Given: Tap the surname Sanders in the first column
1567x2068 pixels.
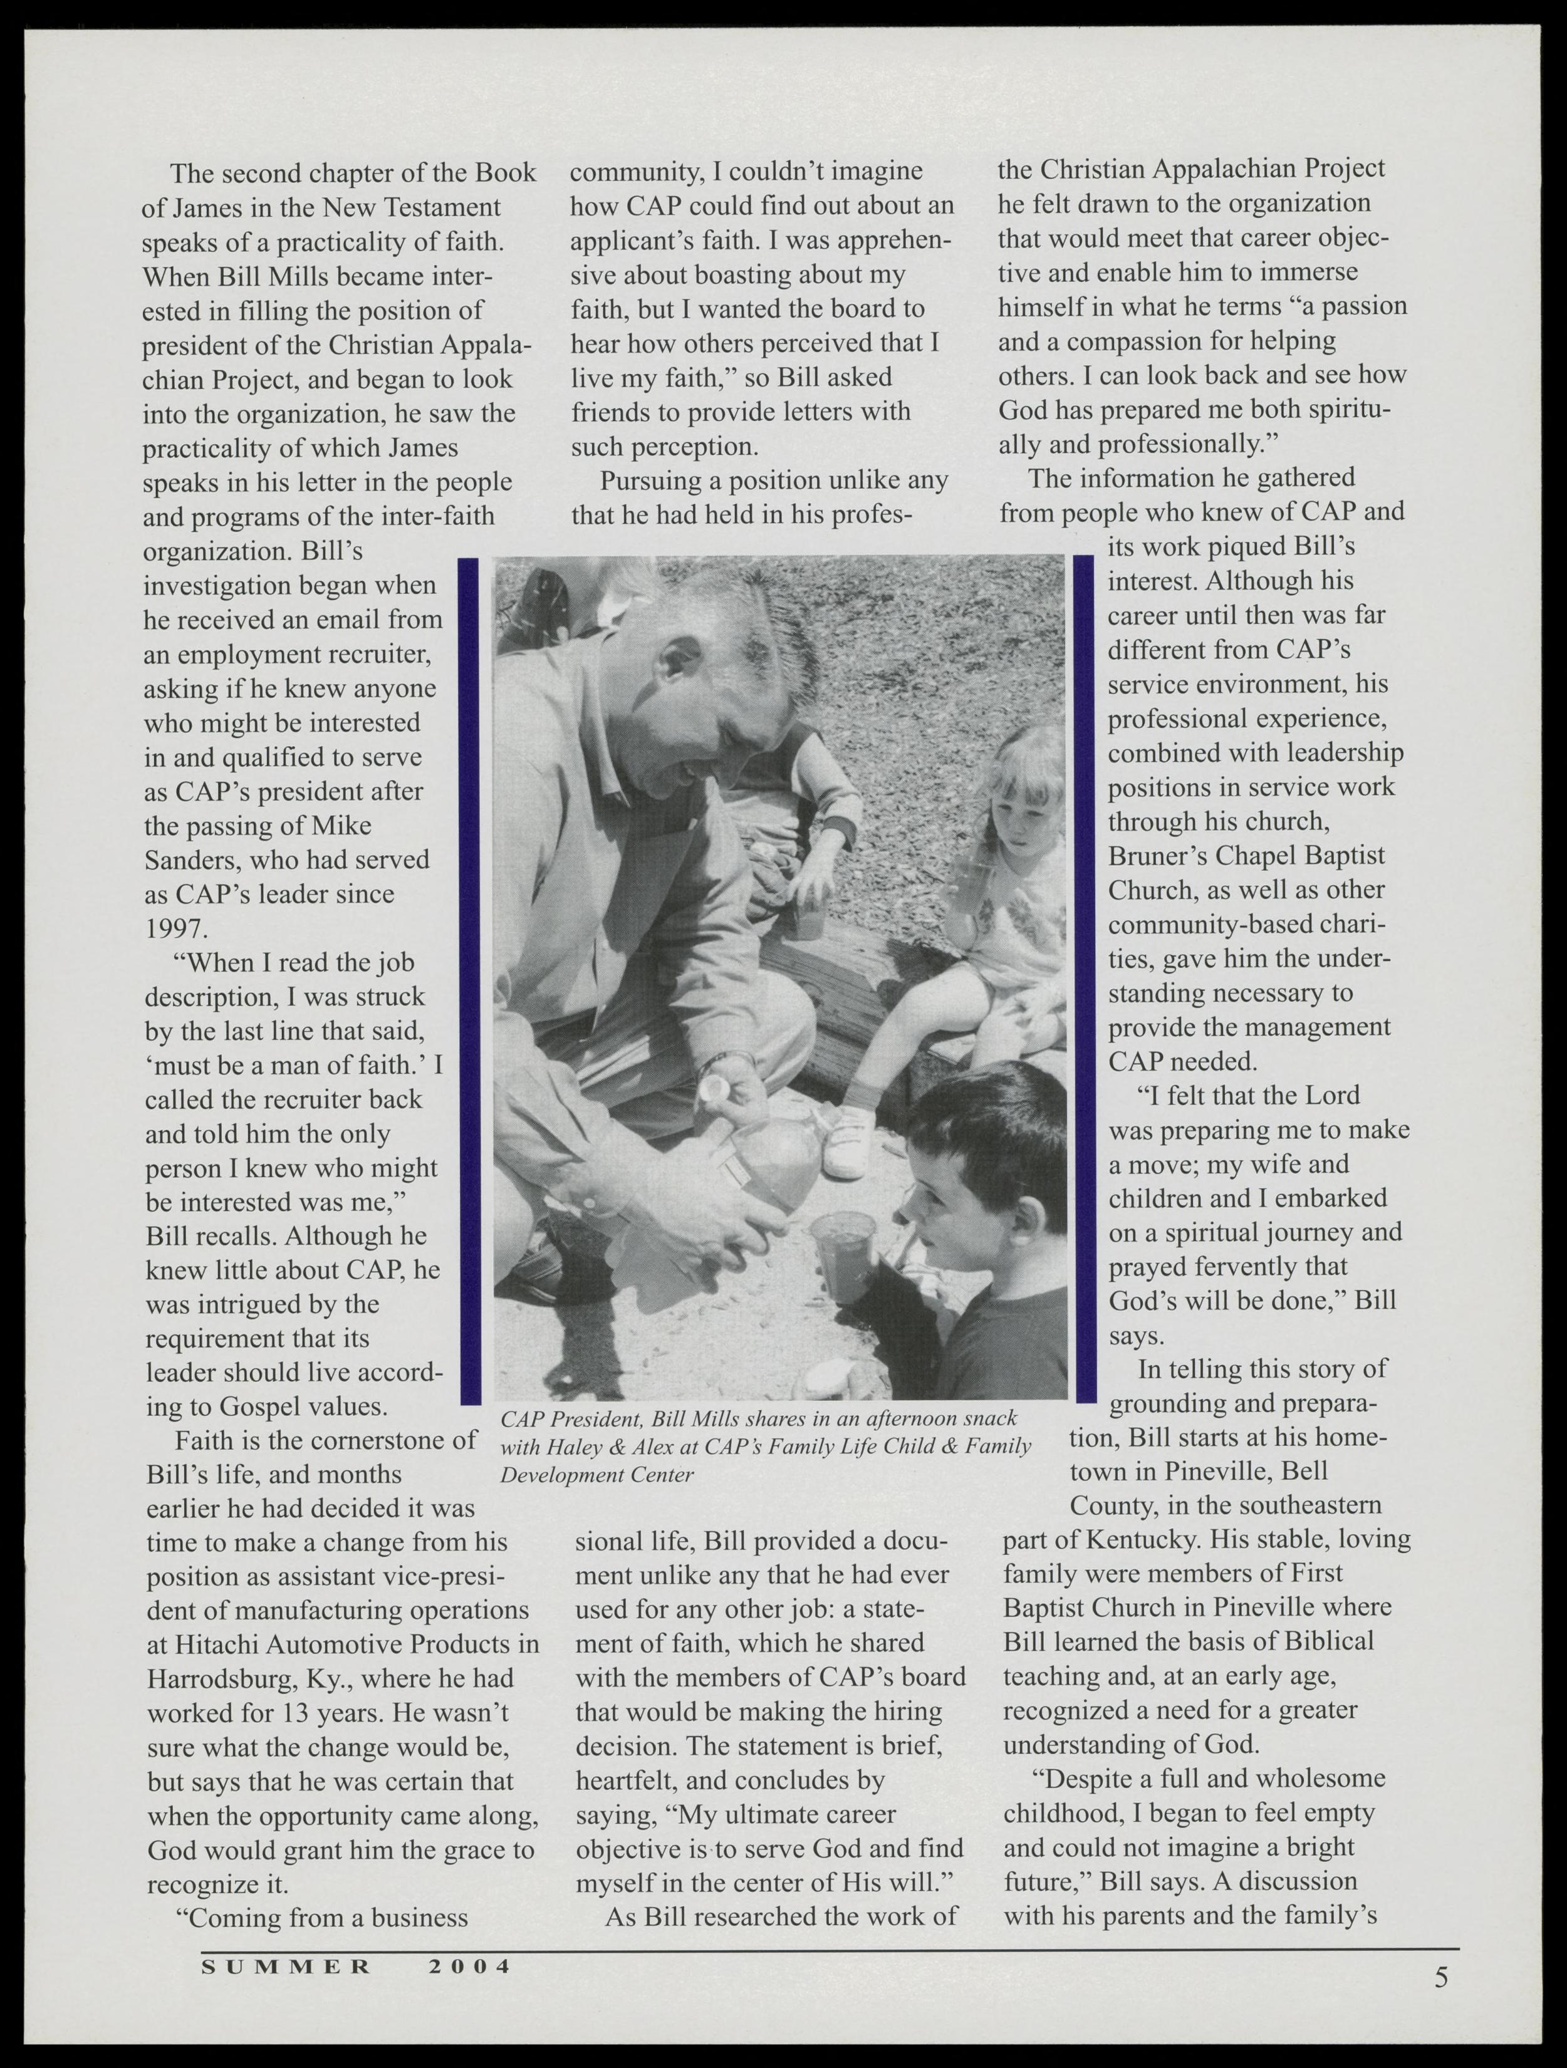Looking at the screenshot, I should tap(192, 859).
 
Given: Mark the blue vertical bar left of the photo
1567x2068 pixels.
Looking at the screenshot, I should tap(469, 982).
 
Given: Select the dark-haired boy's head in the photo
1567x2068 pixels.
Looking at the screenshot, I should tap(982, 1131).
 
